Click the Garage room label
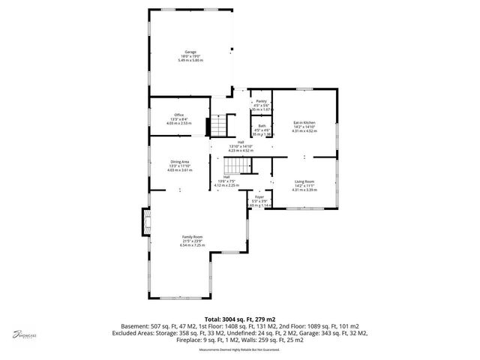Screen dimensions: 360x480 pyautogui.click(x=191, y=52)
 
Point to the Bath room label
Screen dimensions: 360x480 pyautogui.click(x=262, y=126)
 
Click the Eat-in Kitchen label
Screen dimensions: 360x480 pyautogui.click(x=304, y=121)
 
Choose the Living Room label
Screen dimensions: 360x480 pyautogui.click(x=304, y=181)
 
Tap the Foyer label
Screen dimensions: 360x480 pyautogui.click(x=259, y=197)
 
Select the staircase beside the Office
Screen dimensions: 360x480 pyautogui.click(x=216, y=124)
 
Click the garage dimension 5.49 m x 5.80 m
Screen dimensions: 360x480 pyautogui.click(x=191, y=60)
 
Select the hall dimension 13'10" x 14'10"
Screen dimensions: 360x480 pyautogui.click(x=241, y=146)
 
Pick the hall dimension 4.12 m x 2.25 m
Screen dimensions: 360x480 pyautogui.click(x=226, y=185)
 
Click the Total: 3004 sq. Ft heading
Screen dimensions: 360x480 pyautogui.click(x=240, y=319)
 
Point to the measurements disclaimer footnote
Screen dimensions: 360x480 pyautogui.click(x=240, y=349)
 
